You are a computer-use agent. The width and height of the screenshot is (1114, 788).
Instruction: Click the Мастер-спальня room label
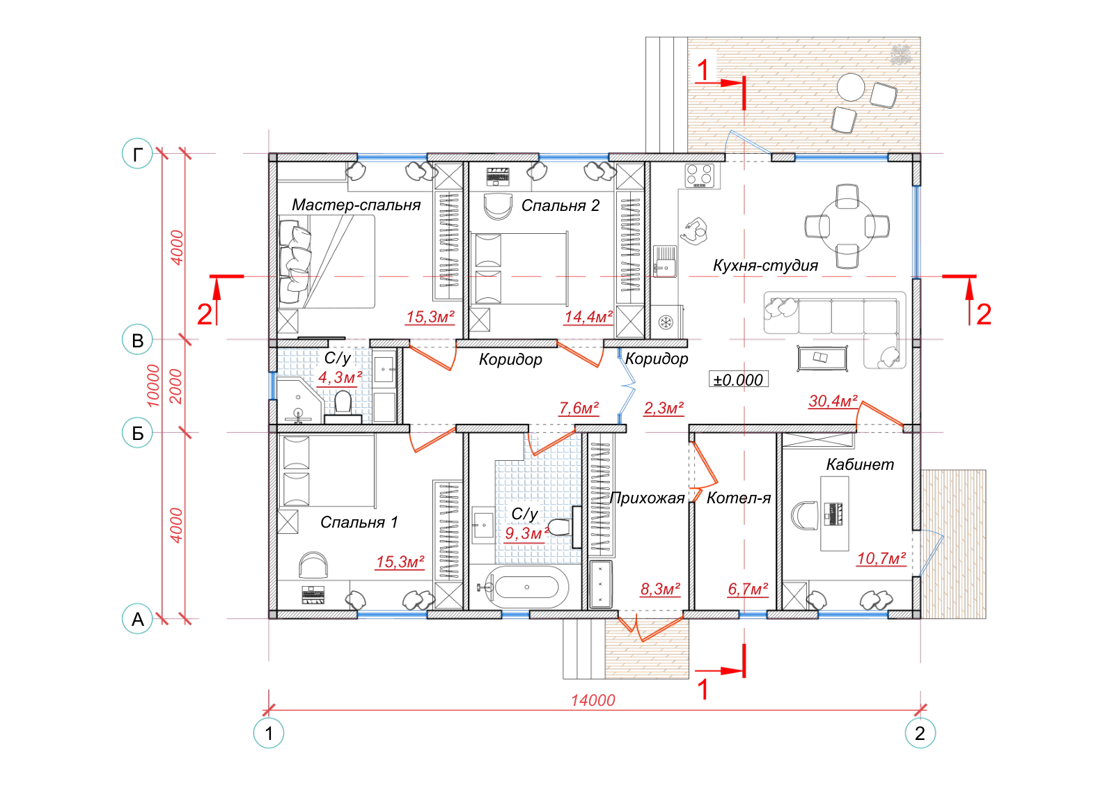coord(356,205)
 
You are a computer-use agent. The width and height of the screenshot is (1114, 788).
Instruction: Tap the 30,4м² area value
coord(833,401)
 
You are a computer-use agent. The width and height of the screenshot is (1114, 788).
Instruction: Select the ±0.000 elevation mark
coord(739,380)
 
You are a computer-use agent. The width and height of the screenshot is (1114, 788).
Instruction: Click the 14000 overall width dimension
coord(593,700)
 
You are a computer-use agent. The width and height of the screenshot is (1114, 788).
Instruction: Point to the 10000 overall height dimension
coord(153,386)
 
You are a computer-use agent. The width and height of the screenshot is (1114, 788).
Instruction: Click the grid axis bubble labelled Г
coord(137,154)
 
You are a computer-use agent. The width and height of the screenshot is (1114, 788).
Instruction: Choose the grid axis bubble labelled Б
coord(137,433)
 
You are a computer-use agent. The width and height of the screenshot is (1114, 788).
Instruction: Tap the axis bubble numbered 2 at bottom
coord(920,733)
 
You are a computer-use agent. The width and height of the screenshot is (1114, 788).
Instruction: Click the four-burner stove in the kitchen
coord(700,175)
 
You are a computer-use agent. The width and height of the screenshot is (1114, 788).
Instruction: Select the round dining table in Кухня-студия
coord(847,226)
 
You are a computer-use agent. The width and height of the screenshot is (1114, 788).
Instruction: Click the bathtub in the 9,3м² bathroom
coord(526,587)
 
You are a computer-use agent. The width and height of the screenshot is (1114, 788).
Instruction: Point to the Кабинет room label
coord(860,464)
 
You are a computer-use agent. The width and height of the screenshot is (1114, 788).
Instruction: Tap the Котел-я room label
coord(739,498)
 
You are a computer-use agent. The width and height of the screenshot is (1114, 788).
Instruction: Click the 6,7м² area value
coord(748,589)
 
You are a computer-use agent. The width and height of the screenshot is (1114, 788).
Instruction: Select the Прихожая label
coord(647,498)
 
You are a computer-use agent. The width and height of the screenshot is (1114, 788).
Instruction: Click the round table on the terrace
coord(850,88)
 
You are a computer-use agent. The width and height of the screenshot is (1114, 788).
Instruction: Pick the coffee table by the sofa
coord(822,358)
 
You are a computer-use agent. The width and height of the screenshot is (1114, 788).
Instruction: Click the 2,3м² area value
coord(664,408)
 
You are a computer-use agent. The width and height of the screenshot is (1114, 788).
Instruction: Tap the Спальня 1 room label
coord(359,522)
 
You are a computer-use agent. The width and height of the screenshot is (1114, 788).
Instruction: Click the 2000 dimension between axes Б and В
coord(176,386)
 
